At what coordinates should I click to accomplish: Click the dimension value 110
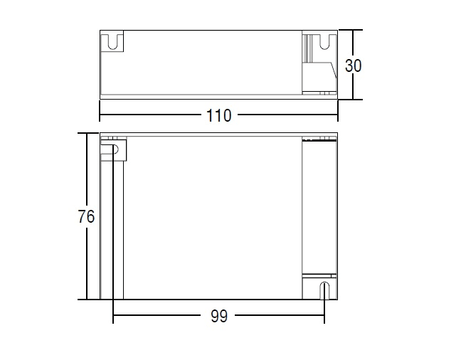[x=218, y=115]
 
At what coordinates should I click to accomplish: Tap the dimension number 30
[x=353, y=65]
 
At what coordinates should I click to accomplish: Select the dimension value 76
[x=86, y=216]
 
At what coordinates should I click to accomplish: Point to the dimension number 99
[x=218, y=316]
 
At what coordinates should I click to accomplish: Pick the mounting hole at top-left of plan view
[x=116, y=149]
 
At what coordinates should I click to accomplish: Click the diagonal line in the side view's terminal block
[x=334, y=70]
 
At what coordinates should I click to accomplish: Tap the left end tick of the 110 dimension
[x=100, y=111]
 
